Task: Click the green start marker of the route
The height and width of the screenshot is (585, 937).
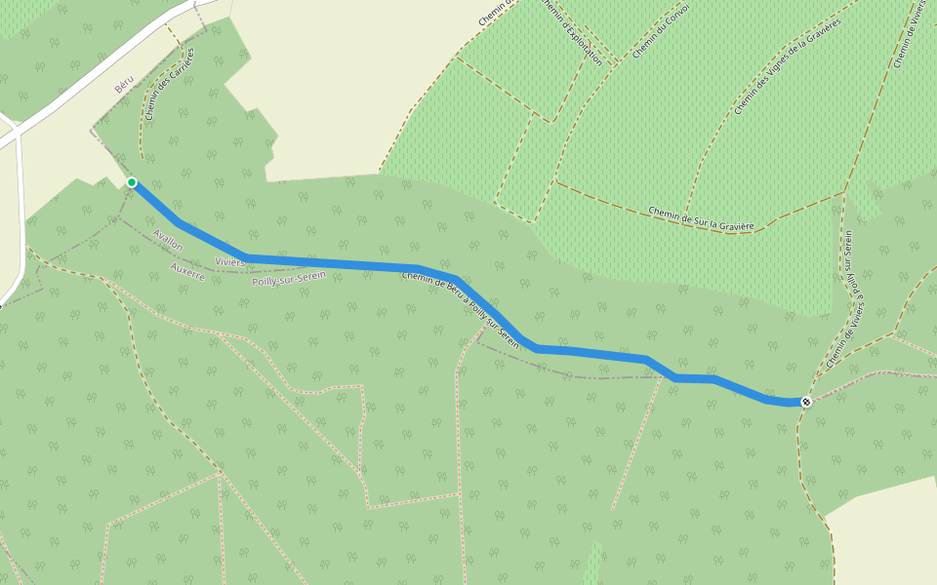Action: pos(132,182)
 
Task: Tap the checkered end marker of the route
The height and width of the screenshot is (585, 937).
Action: pos(806,402)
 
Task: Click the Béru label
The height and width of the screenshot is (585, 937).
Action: pos(123,86)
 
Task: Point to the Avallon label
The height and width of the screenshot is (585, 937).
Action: pos(169,240)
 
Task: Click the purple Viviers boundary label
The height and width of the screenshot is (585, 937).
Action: pos(230,263)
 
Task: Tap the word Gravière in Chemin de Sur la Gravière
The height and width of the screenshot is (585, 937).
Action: pos(734,225)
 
